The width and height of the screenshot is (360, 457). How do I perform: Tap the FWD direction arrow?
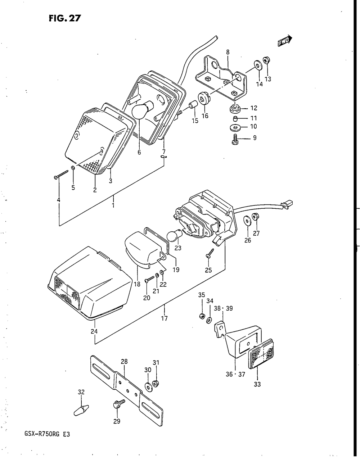(x=285, y=42)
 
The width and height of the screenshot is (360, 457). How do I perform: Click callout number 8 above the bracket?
(x=228, y=53)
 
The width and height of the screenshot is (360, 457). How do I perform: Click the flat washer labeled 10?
(x=235, y=127)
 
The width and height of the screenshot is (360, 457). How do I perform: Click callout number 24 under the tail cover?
(x=94, y=331)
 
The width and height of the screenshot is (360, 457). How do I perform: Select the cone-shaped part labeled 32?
(x=81, y=410)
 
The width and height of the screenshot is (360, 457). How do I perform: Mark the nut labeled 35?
(x=202, y=316)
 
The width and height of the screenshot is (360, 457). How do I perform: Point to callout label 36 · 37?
(x=235, y=374)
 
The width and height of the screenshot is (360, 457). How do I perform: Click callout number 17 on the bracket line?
(x=165, y=318)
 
